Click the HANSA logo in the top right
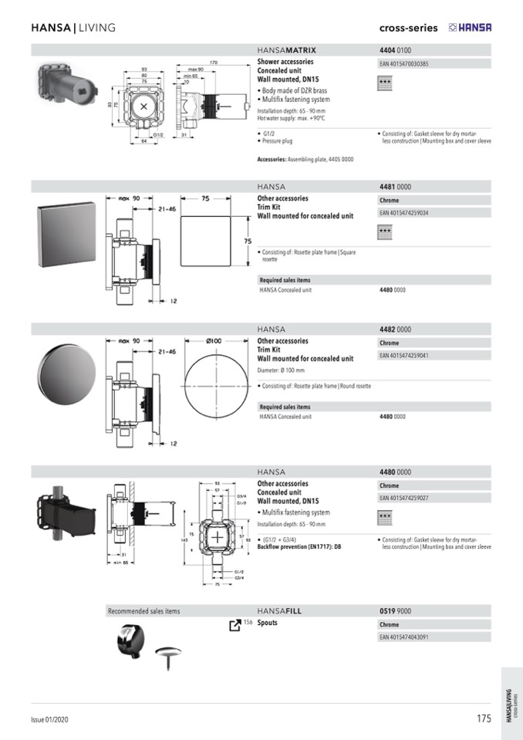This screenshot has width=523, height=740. pos(470,28)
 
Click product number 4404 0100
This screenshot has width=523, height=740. pos(395,50)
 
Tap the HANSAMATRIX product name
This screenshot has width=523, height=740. pos(286,50)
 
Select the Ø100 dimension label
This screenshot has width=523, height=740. pos(214,340)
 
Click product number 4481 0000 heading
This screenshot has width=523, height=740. pos(395,187)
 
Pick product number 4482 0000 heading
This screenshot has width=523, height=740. pos(395,329)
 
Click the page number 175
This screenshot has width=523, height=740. pos(484,718)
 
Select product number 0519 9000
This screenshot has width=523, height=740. pos(395,611)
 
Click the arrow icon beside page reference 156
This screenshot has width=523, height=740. pos(235,624)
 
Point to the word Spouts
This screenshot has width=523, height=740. pos(267,623)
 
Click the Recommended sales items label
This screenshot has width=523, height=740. pos(143,611)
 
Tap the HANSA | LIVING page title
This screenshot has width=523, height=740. pos(73,28)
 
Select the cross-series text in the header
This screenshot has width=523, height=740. pos(408,28)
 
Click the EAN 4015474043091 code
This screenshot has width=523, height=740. pos(404,637)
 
